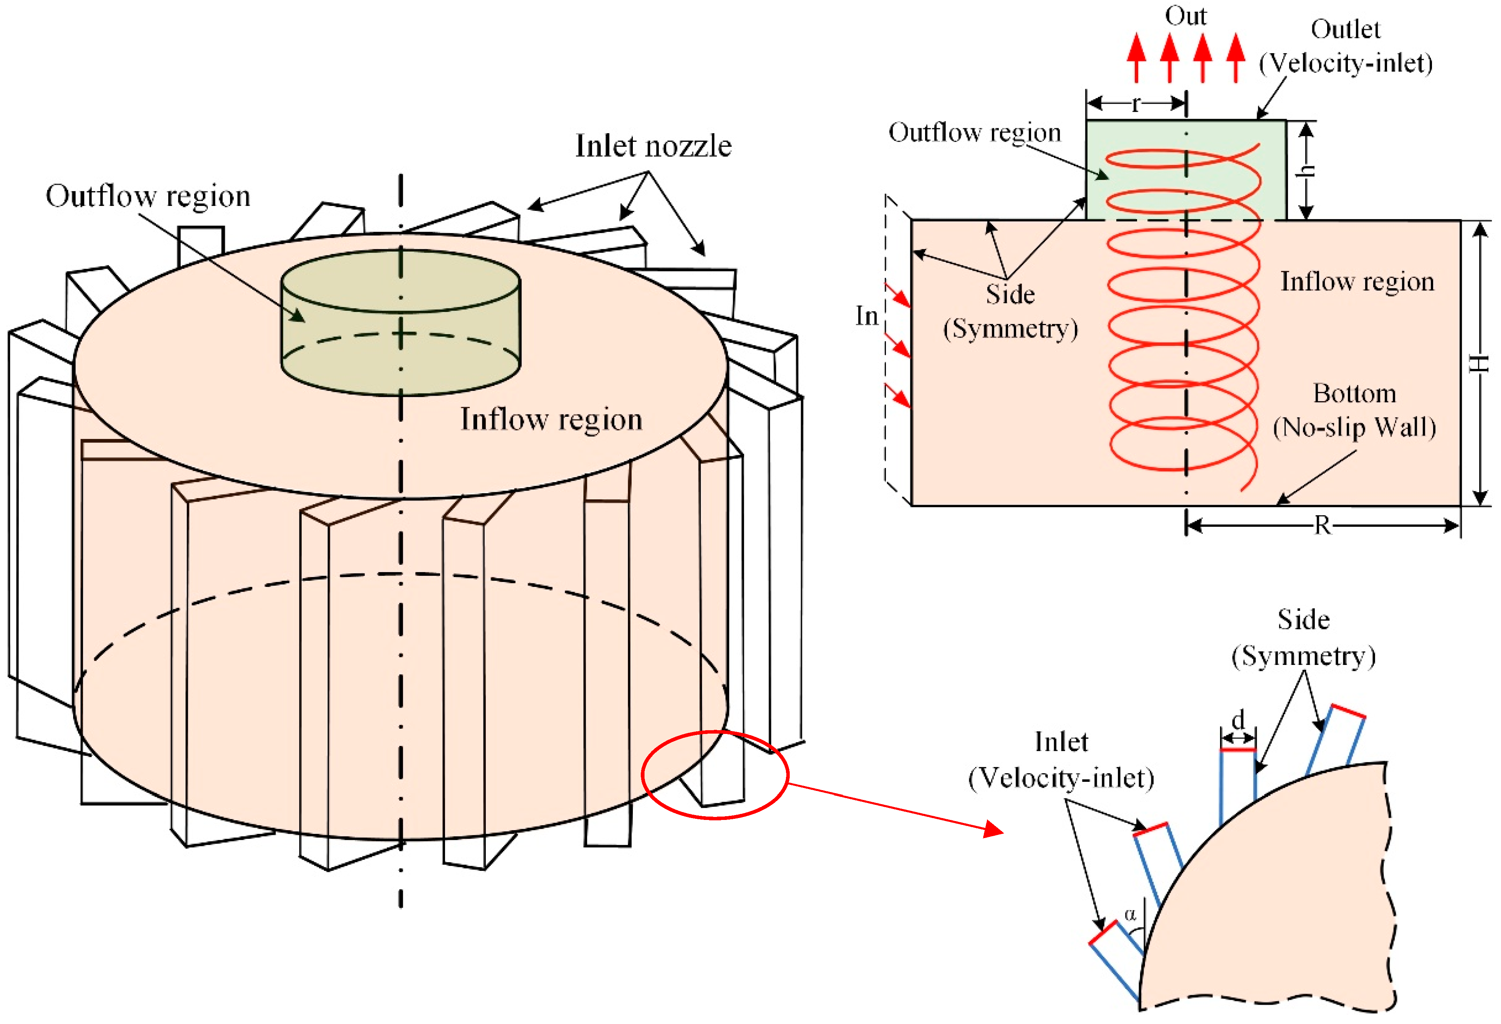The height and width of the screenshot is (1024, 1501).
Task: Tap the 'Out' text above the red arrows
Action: (x=1185, y=15)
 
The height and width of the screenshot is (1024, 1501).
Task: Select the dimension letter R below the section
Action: (x=1322, y=526)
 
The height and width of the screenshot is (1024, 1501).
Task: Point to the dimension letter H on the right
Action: (x=1479, y=364)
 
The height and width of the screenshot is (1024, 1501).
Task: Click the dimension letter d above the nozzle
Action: (x=1237, y=719)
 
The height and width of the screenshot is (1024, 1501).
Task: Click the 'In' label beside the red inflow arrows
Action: (x=867, y=316)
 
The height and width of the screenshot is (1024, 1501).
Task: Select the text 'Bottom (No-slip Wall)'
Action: (x=1354, y=411)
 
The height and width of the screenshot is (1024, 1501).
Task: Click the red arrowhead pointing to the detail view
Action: (x=993, y=829)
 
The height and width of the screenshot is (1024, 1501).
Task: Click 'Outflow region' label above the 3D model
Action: (x=148, y=196)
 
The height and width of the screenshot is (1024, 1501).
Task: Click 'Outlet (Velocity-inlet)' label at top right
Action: (x=1345, y=46)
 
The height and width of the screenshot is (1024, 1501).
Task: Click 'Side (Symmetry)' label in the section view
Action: (x=1010, y=312)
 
